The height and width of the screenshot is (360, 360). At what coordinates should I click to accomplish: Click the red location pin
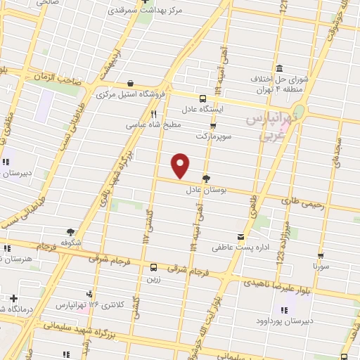click(x=181, y=165)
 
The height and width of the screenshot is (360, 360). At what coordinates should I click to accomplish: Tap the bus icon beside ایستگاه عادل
click(x=202, y=98)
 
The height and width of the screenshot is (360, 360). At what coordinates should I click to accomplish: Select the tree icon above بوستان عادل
click(x=205, y=179)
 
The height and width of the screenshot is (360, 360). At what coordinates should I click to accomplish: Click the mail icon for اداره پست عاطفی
click(x=242, y=237)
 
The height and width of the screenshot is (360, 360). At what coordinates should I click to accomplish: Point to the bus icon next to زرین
click(x=153, y=267)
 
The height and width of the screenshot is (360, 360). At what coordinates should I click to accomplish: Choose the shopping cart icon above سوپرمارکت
click(x=213, y=124)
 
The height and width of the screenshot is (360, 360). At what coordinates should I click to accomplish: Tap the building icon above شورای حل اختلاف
click(x=280, y=68)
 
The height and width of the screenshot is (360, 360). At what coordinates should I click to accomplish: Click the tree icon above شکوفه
click(x=70, y=231)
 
